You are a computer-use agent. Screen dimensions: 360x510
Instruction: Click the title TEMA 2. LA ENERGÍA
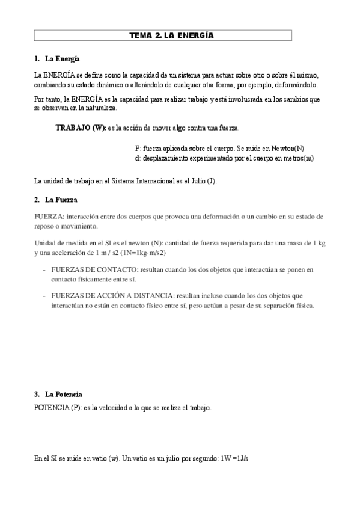tap(163, 35)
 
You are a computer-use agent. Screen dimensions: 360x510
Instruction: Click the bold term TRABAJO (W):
tap(80, 128)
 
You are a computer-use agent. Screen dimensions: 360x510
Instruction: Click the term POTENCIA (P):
tap(58, 408)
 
